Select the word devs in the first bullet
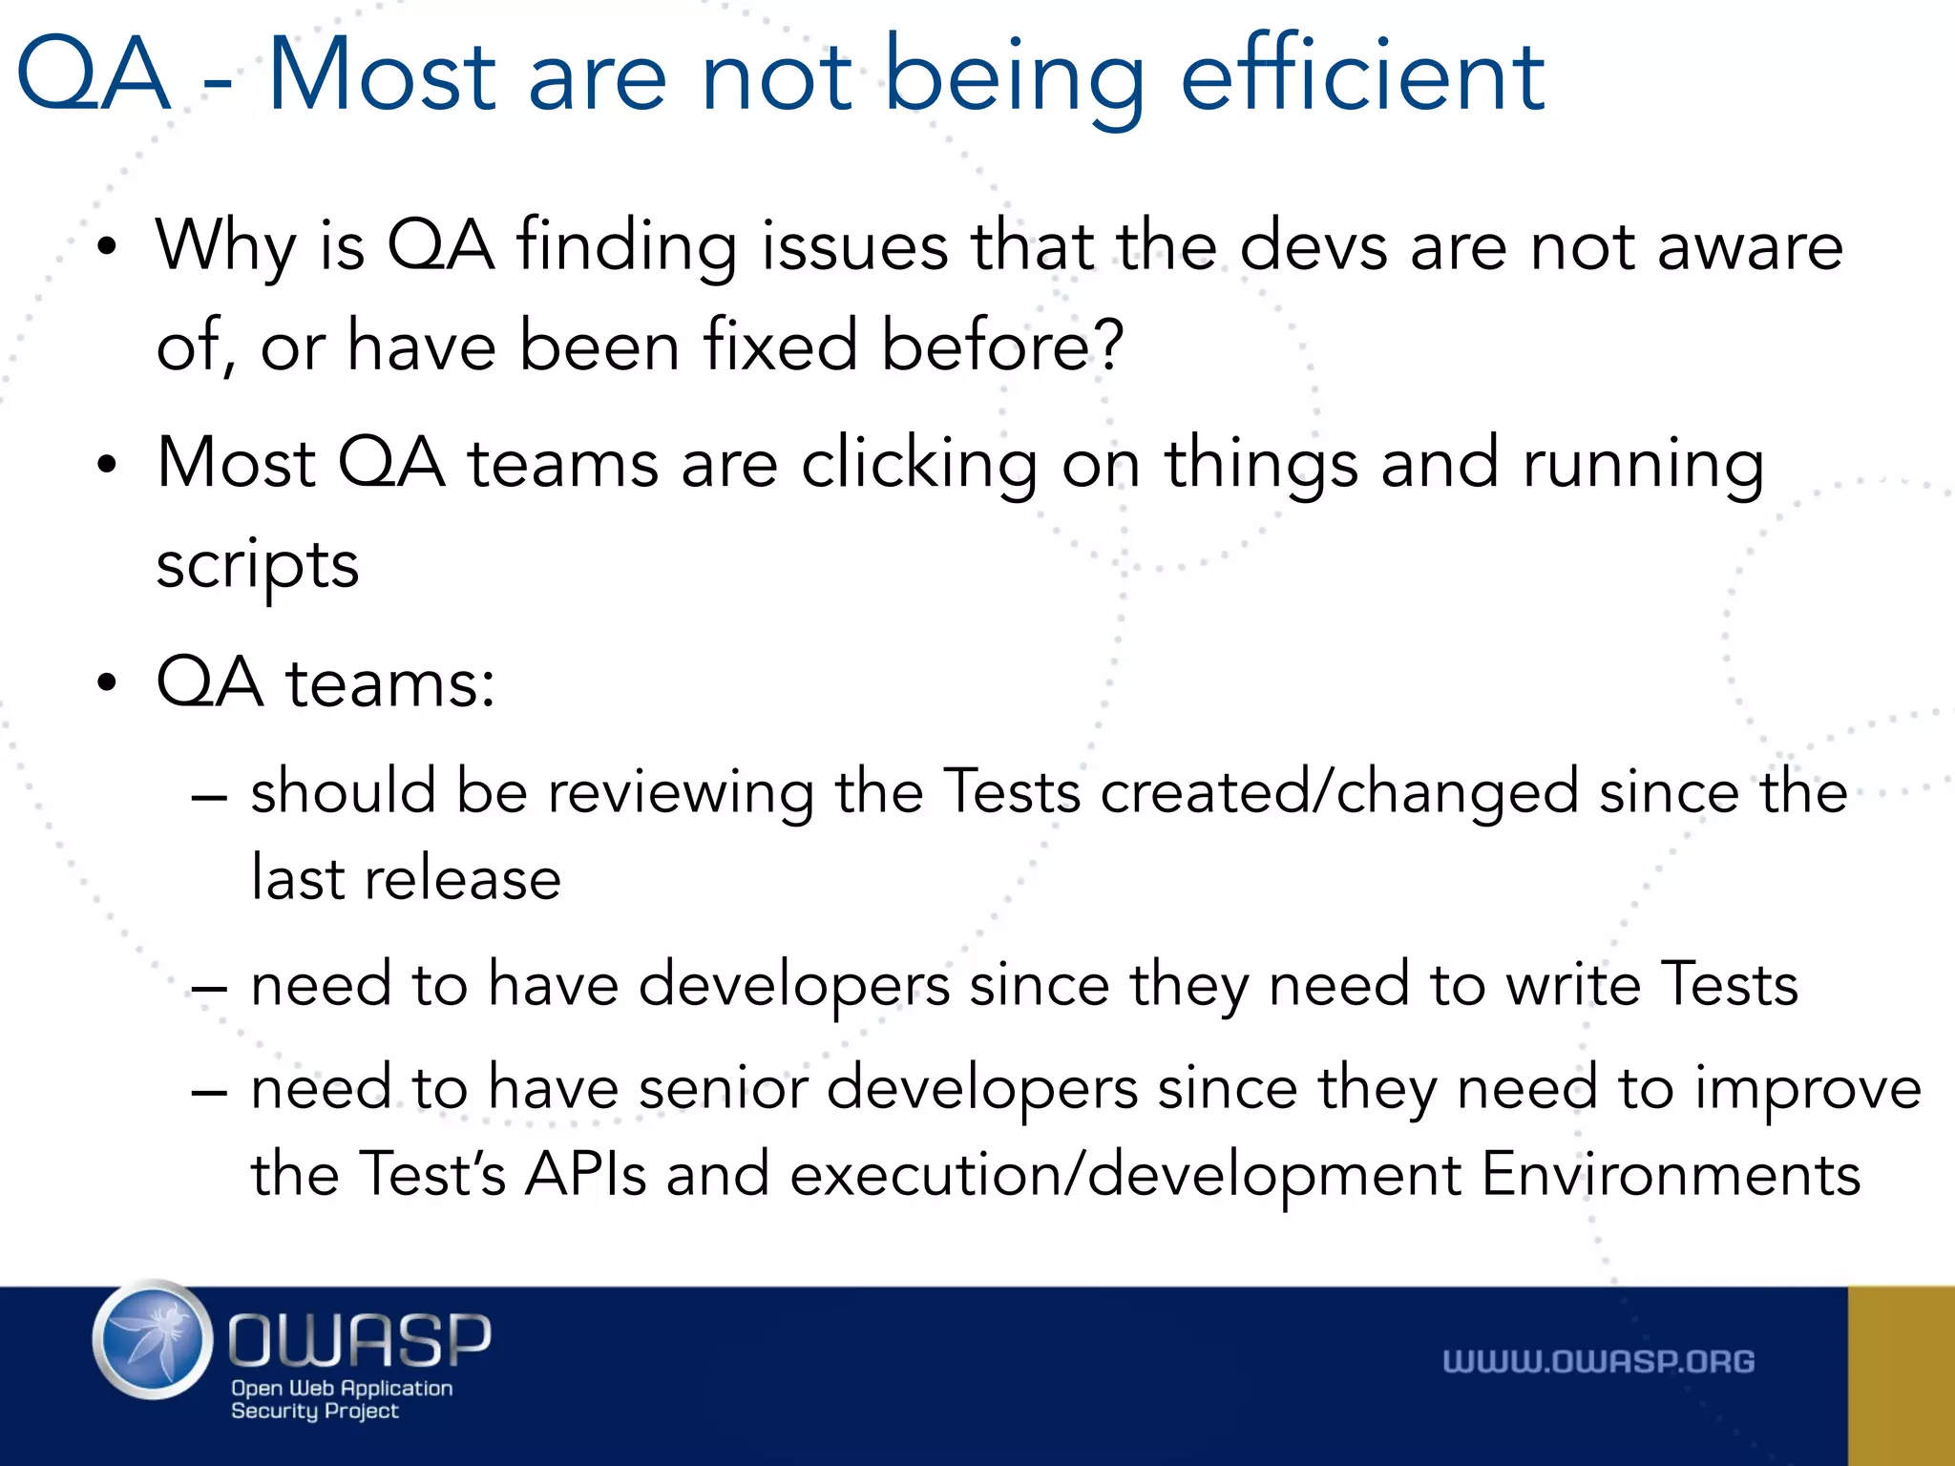point(1313,246)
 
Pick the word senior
point(723,1088)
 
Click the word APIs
point(585,1174)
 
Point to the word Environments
point(1671,1174)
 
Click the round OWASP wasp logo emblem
point(153,1340)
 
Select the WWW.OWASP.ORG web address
point(1598,1362)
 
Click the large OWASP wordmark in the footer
point(360,1339)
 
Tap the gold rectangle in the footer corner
point(1901,1375)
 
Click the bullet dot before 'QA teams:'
point(107,683)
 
